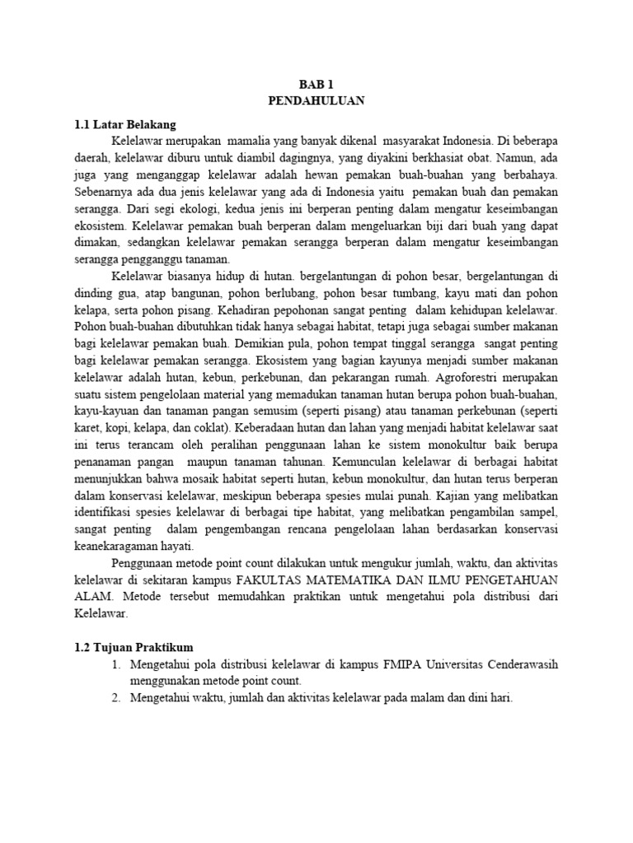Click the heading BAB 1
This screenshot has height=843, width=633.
click(316, 83)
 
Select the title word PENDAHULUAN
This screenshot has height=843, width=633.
click(316, 100)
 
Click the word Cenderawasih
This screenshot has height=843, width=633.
click(522, 664)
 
